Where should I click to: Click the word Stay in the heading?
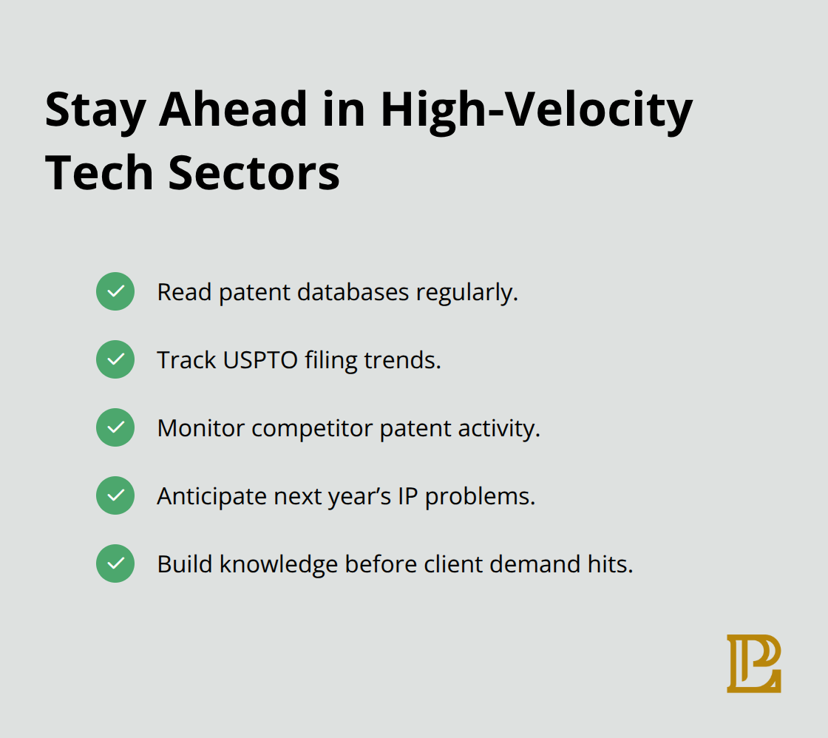(x=95, y=109)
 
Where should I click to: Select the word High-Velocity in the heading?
(x=536, y=109)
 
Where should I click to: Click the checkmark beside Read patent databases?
(x=115, y=291)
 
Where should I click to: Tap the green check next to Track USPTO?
(x=115, y=359)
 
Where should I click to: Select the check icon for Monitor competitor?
(x=115, y=427)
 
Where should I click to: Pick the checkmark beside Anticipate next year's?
(x=115, y=495)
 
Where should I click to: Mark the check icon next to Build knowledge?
(x=115, y=563)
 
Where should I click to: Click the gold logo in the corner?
(x=753, y=663)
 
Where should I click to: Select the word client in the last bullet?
(x=450, y=564)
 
